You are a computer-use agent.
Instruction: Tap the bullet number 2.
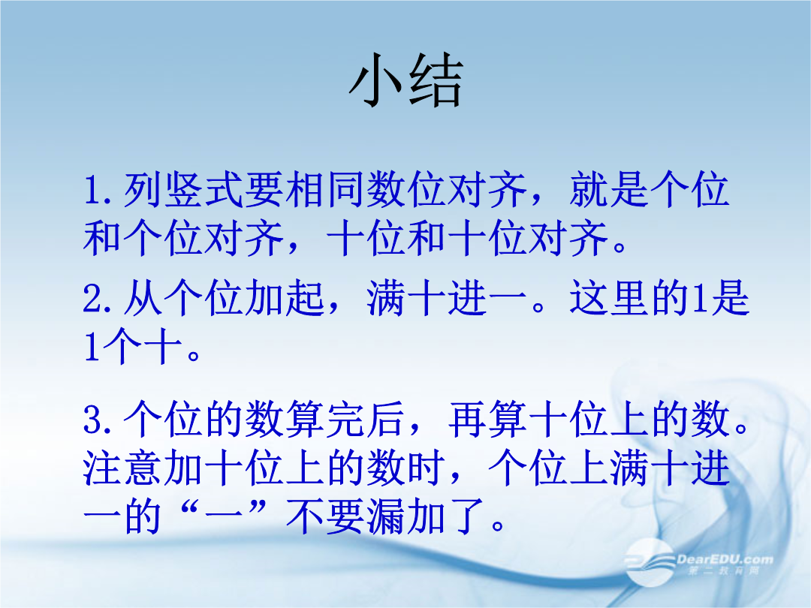[92, 299]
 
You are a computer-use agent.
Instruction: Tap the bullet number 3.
[92, 420]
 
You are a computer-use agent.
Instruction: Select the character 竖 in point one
[184, 190]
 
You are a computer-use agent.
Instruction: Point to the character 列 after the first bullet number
[143, 190]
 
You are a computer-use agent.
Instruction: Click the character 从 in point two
[143, 298]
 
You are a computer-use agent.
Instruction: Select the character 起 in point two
[305, 298]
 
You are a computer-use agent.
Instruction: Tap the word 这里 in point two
[609, 298]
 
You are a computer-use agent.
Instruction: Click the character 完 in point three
[345, 420]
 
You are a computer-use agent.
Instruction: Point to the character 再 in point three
[467, 420]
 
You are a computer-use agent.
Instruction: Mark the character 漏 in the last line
[386, 516]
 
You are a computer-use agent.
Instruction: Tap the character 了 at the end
[467, 516]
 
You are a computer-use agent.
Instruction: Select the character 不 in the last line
[305, 516]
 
